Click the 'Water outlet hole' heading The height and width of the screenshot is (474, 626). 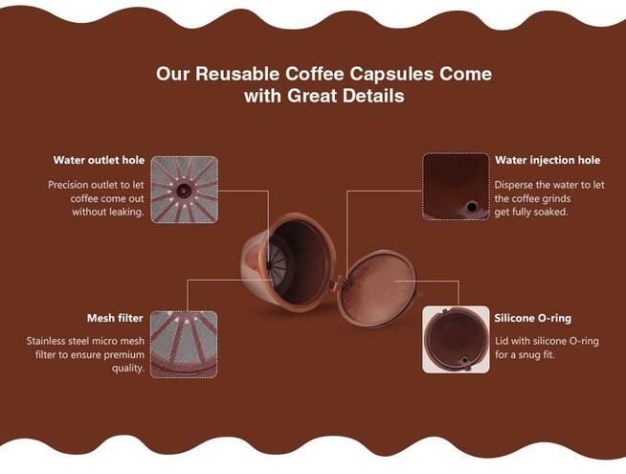[x=99, y=160]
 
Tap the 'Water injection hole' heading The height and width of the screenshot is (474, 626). [x=548, y=160]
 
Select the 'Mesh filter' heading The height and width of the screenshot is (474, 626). [x=115, y=318]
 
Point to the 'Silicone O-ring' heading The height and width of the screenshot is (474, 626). [x=532, y=318]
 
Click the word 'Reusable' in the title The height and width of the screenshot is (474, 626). [x=237, y=74]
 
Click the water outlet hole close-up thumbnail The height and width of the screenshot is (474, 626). [x=185, y=190]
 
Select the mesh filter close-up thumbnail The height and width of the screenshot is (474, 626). [x=184, y=344]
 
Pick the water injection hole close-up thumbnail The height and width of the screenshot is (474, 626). [x=456, y=187]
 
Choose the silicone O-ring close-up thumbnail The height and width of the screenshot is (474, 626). [x=456, y=339]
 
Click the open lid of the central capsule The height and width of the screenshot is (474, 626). [x=377, y=288]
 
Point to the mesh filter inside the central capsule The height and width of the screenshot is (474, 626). [x=278, y=262]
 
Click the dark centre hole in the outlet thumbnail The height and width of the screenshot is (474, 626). [x=184, y=191]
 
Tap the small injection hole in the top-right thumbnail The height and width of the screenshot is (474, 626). [x=472, y=207]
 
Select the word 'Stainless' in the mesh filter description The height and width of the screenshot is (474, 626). [x=46, y=341]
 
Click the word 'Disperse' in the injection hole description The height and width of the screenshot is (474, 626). [x=514, y=185]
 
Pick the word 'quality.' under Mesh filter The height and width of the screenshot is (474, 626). [x=127, y=368]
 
